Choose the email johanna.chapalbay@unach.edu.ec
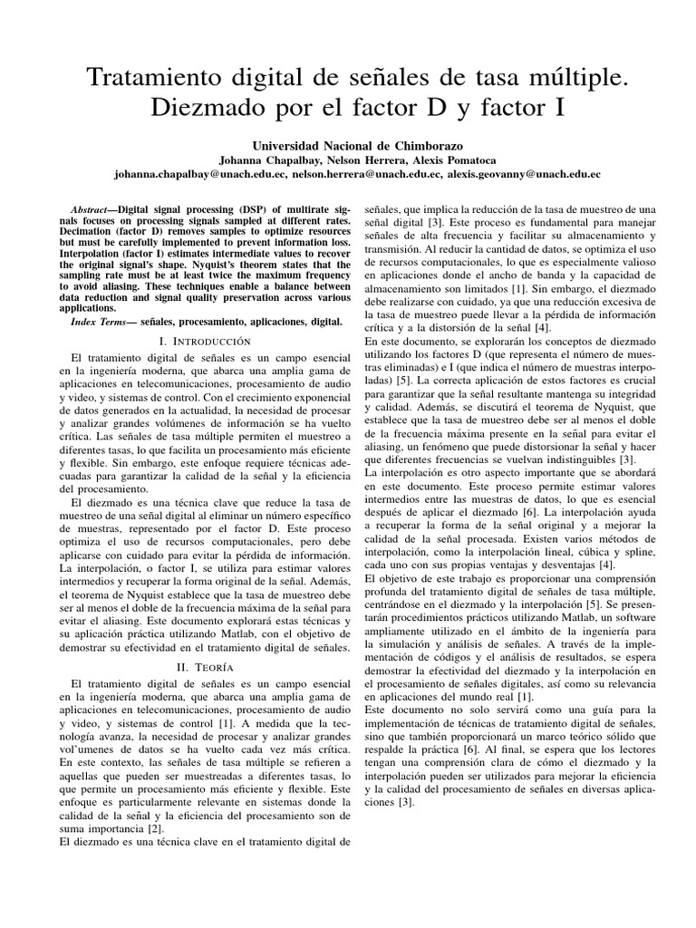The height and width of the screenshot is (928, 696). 192,174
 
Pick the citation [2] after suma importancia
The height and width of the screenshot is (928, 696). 156,827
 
